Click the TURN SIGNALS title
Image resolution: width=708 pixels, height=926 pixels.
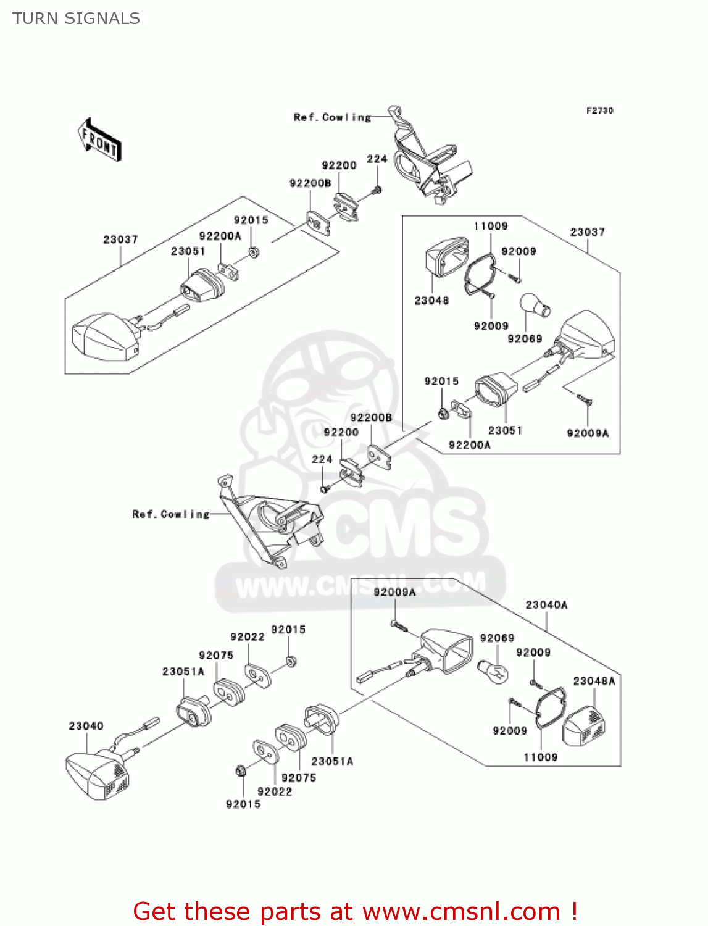(x=76, y=19)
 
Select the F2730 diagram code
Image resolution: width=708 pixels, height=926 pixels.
(x=599, y=111)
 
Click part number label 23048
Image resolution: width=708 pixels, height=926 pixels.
(x=431, y=301)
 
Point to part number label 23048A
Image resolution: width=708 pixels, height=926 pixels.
(x=594, y=681)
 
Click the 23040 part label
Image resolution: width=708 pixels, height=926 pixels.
(x=86, y=726)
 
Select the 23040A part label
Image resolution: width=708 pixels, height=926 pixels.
(x=546, y=605)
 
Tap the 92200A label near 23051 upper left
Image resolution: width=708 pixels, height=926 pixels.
(x=220, y=236)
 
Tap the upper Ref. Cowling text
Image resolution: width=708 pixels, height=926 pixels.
(x=332, y=117)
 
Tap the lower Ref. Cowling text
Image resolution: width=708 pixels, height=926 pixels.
(x=170, y=514)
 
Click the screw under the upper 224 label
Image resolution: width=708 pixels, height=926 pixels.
(x=377, y=190)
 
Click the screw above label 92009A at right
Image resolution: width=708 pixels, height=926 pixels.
(x=584, y=400)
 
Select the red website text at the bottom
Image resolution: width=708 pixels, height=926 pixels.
(x=355, y=911)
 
